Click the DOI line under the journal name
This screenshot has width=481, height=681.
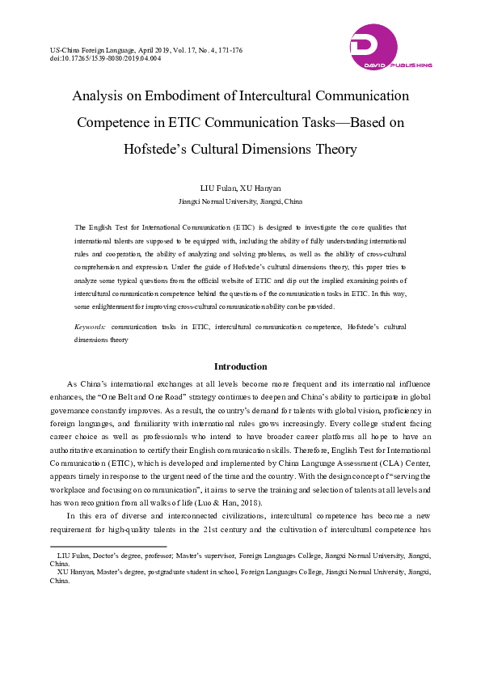[105, 58]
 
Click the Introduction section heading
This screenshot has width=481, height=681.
[240, 366]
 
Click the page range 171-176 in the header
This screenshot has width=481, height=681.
[226, 50]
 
